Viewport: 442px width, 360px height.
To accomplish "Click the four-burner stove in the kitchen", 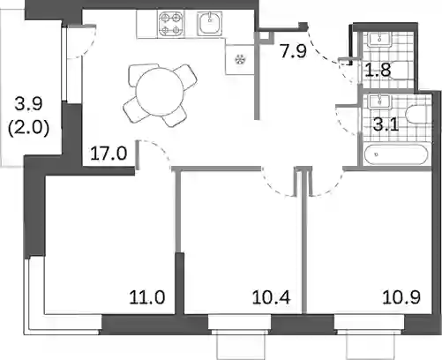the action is [x=170, y=24].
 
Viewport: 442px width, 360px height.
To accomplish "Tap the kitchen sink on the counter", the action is [x=210, y=23].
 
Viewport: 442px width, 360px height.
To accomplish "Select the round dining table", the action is [x=160, y=92].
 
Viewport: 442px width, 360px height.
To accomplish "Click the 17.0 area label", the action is [x=109, y=154].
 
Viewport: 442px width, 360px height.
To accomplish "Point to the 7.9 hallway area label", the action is [x=294, y=51].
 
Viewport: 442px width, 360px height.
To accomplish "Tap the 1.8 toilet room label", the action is [x=378, y=70].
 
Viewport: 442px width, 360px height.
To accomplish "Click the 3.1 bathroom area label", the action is [x=386, y=124].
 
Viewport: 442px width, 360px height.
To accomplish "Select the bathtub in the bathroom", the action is [x=396, y=154].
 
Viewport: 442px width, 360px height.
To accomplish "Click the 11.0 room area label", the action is [x=147, y=297].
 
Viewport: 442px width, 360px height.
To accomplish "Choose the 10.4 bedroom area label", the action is [x=272, y=297].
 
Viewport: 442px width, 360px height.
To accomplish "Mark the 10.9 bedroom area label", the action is [x=401, y=297].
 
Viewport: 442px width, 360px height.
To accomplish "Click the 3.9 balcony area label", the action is [x=28, y=104].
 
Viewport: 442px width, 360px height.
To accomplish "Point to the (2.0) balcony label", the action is [x=28, y=128].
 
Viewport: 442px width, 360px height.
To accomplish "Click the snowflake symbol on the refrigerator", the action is [x=240, y=60].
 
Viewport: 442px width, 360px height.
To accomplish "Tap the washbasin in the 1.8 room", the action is [x=380, y=39].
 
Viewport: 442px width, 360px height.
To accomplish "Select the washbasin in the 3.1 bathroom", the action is [x=380, y=101].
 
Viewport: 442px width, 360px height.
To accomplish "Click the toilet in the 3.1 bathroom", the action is [x=417, y=114].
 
